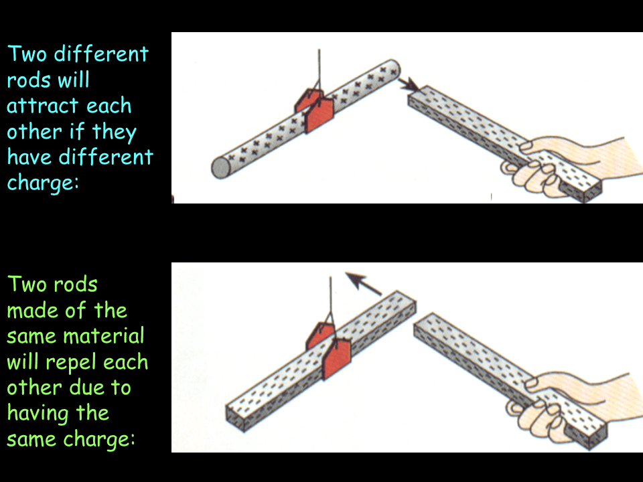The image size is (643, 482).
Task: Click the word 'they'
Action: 114,133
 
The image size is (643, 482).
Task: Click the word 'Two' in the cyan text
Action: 27,54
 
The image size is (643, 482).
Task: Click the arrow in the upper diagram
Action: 409,85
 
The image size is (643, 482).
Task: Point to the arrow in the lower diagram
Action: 363,283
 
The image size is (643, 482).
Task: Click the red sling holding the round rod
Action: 315,110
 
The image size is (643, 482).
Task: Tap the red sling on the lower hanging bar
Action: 328,351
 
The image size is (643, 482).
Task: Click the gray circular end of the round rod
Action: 222,167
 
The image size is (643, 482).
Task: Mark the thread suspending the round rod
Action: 319,74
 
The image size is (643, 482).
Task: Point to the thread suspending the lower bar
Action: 330,303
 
